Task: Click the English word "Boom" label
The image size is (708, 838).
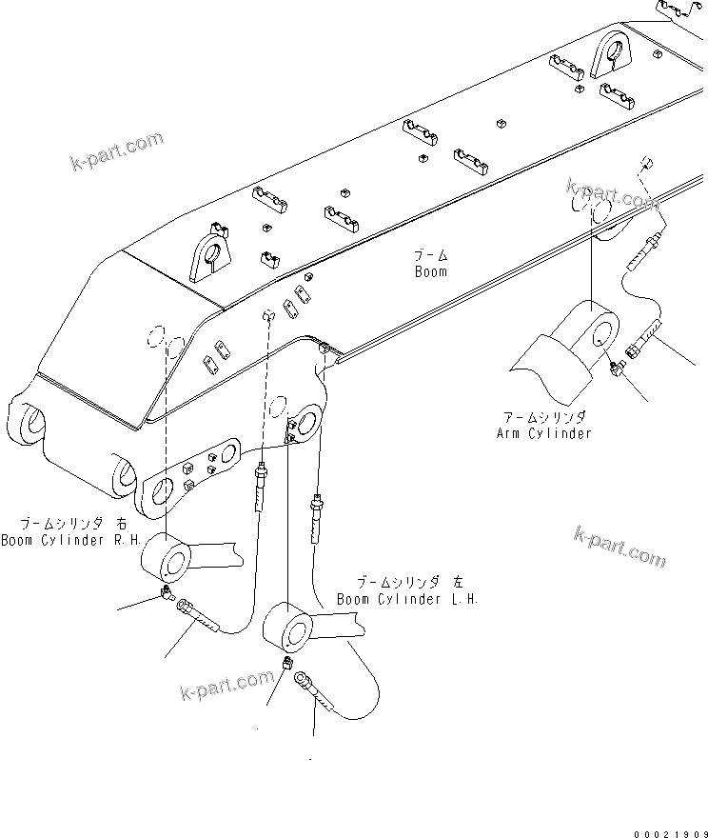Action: point(430,271)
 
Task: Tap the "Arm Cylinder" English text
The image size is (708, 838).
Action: point(544,433)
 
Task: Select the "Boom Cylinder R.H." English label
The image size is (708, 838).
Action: point(70,540)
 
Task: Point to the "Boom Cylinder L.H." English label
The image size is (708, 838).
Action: point(407,599)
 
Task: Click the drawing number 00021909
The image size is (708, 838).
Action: point(664,828)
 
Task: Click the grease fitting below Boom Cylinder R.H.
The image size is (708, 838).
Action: point(166,596)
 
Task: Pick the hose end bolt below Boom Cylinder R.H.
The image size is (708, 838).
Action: point(197,615)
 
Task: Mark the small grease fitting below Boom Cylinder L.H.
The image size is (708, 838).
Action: point(287,665)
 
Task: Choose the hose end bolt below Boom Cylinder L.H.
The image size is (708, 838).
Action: point(313,690)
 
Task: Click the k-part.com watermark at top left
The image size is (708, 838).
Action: point(117,152)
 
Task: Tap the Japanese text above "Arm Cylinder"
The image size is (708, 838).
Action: point(544,417)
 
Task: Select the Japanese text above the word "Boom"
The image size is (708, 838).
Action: point(430,255)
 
